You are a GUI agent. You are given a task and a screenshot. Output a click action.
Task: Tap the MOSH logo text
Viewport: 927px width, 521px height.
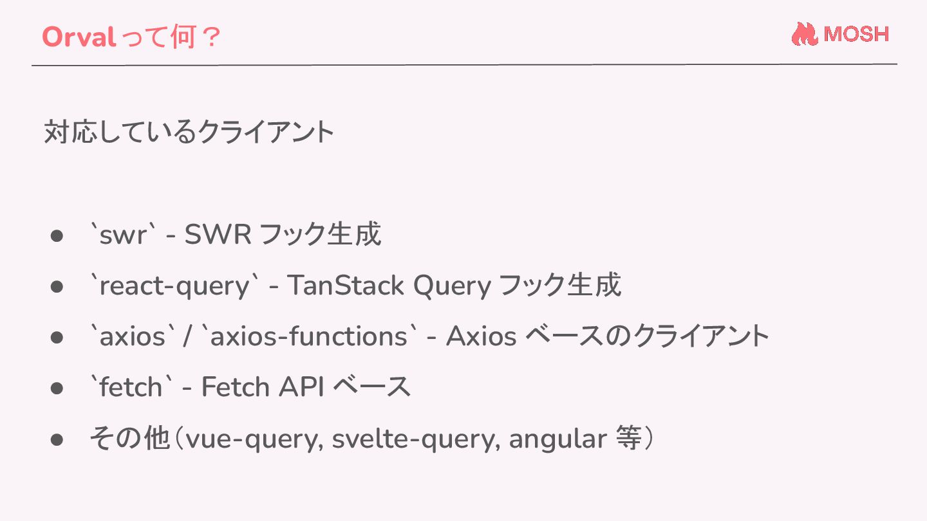point(856,34)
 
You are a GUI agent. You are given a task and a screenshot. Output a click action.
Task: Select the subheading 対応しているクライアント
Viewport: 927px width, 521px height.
point(189,133)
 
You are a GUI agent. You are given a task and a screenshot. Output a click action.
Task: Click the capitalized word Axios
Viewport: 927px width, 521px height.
point(481,336)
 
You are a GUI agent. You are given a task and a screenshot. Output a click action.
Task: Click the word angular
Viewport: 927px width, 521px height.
point(557,439)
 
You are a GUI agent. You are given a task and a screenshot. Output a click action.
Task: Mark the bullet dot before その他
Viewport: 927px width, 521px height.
point(57,439)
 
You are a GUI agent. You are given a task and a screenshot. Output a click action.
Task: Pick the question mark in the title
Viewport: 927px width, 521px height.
point(209,37)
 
